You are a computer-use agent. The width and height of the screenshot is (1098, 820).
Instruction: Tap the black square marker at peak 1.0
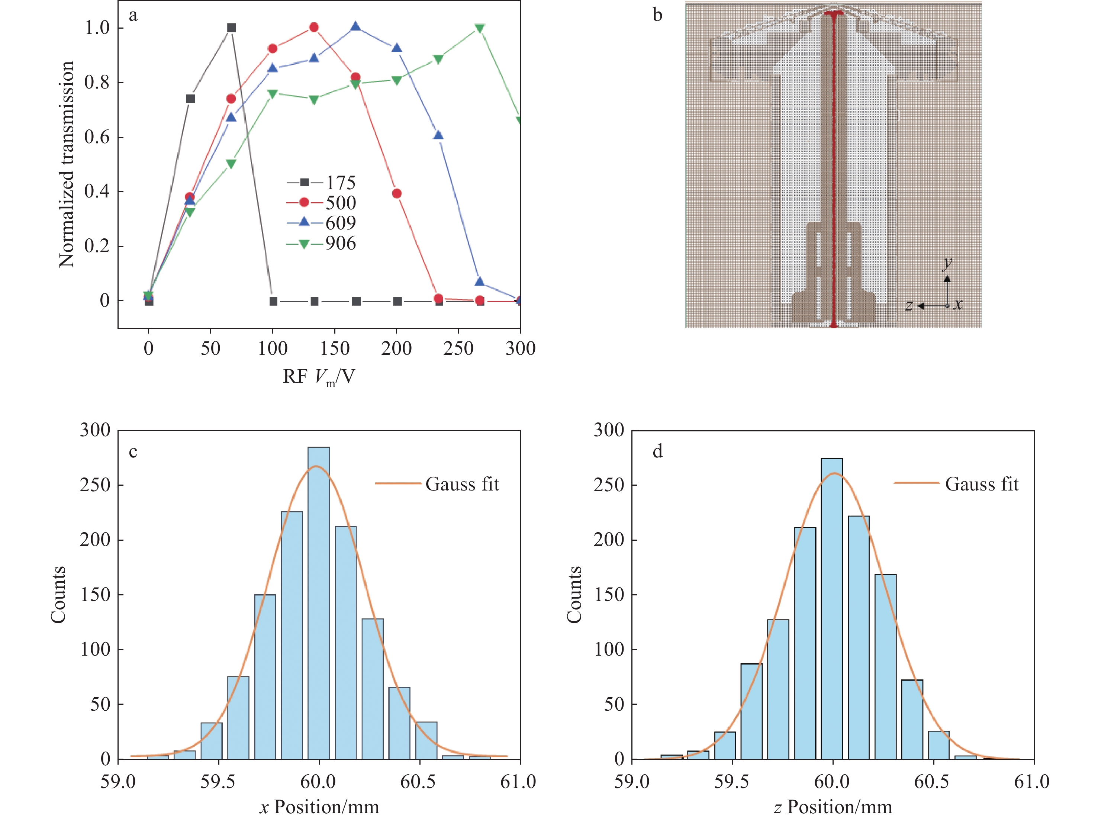pyautogui.click(x=231, y=28)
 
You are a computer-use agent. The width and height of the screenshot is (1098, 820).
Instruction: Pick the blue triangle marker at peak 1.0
pyautogui.click(x=355, y=27)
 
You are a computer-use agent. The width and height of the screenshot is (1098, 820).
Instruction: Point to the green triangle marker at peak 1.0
pyautogui.click(x=479, y=28)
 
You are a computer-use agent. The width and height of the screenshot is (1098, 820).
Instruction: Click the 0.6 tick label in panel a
pyautogui.click(x=97, y=137)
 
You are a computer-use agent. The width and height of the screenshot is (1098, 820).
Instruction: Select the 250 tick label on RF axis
pyautogui.click(x=458, y=348)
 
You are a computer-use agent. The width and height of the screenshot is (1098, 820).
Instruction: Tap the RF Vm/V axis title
pyautogui.click(x=319, y=377)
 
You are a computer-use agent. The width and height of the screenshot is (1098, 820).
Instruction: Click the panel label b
pyautogui.click(x=657, y=15)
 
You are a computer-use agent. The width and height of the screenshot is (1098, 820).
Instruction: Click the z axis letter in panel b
pyautogui.click(x=908, y=305)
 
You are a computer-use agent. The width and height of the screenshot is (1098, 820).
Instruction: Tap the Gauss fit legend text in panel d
pyautogui.click(x=981, y=484)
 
